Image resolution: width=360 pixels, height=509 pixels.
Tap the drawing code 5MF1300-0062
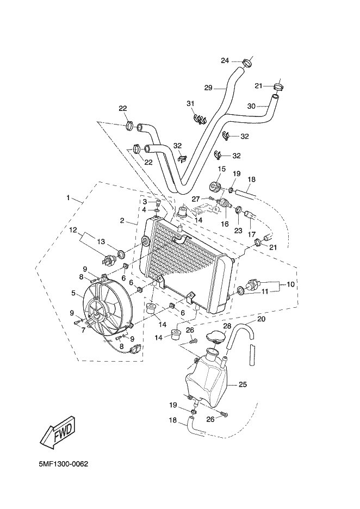click(63, 464)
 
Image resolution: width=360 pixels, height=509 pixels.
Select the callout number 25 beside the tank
click(243, 384)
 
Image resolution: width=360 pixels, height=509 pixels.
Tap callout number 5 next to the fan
click(74, 293)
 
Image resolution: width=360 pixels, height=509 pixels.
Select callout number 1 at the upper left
click(68, 197)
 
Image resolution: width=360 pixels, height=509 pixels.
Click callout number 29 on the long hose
click(208, 88)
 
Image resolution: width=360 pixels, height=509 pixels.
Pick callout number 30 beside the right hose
click(251, 106)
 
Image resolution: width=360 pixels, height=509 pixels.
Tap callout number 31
click(190, 103)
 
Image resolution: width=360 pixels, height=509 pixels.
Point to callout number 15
click(221, 169)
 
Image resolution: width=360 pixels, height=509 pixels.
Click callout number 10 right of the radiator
click(290, 284)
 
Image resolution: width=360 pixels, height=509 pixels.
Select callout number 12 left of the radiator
click(73, 230)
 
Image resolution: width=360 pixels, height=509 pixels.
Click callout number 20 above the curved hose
click(262, 319)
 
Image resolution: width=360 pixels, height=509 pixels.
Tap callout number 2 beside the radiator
click(122, 221)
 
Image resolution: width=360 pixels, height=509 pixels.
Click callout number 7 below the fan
click(83, 330)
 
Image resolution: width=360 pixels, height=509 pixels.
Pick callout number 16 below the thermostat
click(224, 224)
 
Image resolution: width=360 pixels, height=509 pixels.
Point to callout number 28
click(227, 326)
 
